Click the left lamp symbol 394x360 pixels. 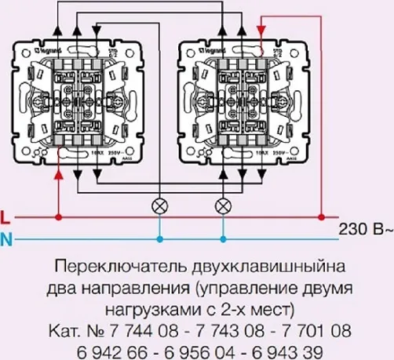160,206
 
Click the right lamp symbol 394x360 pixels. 223,206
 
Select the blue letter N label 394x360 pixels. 6,238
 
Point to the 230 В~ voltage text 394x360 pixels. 366,229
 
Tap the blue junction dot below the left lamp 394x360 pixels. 160,237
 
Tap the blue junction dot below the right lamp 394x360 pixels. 223,237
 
